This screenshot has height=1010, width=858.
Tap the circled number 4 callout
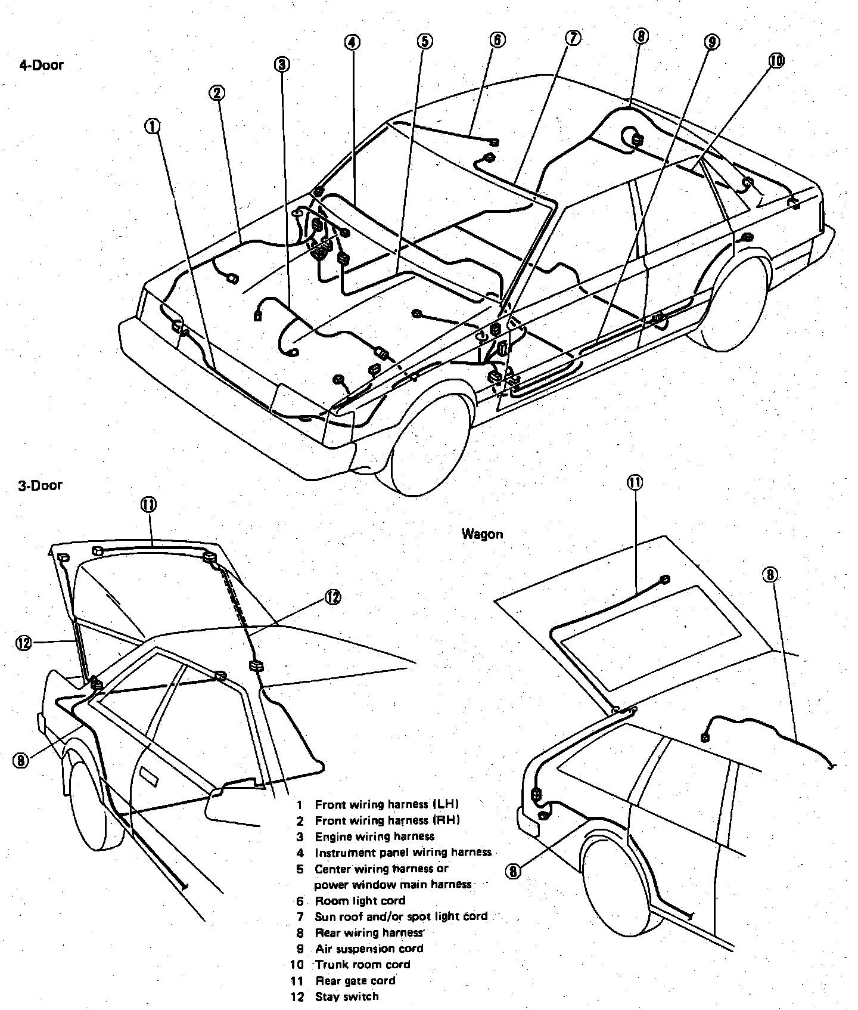click(352, 42)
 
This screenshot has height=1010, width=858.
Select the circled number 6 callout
click(497, 40)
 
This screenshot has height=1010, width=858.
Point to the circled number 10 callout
click(776, 60)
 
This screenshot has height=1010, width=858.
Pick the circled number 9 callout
click(711, 41)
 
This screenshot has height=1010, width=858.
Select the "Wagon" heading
click(482, 534)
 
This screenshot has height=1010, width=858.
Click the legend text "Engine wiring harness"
click(374, 836)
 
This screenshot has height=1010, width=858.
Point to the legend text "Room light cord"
click(360, 901)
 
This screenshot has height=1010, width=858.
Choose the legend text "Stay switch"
click(346, 996)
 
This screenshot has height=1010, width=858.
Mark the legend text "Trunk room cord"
click(362, 965)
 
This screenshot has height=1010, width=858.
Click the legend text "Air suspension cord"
click(369, 949)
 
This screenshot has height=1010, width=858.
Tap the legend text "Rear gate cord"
click(355, 981)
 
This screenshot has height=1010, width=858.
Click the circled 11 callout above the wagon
click(635, 482)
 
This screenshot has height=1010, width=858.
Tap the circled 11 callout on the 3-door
click(148, 504)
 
